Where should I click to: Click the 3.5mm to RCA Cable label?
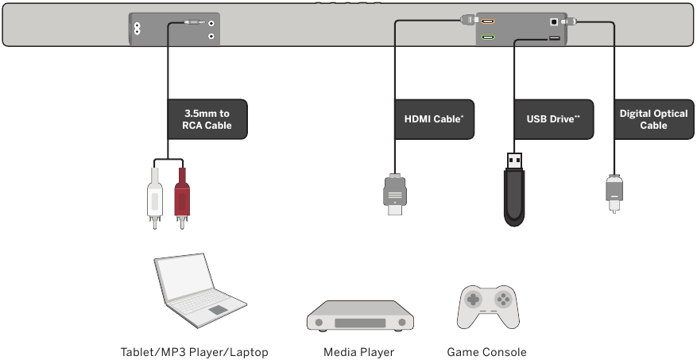[x=207, y=119]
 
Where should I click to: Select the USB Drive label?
[x=553, y=119]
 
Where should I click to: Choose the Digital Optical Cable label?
[x=653, y=119]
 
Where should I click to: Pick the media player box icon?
[x=360, y=315]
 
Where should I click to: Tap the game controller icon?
[x=488, y=306]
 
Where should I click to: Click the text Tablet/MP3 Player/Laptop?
[x=194, y=352]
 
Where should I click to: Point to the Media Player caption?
[x=358, y=352]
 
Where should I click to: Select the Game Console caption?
[x=486, y=352]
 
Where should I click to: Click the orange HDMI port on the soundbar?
[x=487, y=23]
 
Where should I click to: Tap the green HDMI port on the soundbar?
[x=487, y=37]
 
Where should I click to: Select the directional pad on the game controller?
[x=474, y=300]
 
